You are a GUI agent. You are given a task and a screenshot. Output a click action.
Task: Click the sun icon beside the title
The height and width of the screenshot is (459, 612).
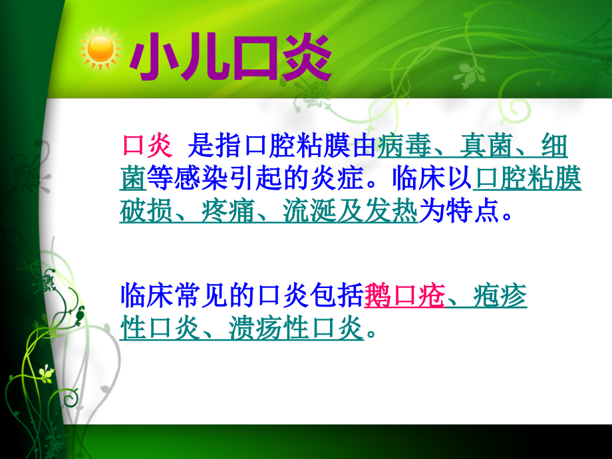(100, 49)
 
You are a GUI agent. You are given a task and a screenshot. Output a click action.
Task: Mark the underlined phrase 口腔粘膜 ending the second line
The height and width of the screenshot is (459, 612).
(530, 178)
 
